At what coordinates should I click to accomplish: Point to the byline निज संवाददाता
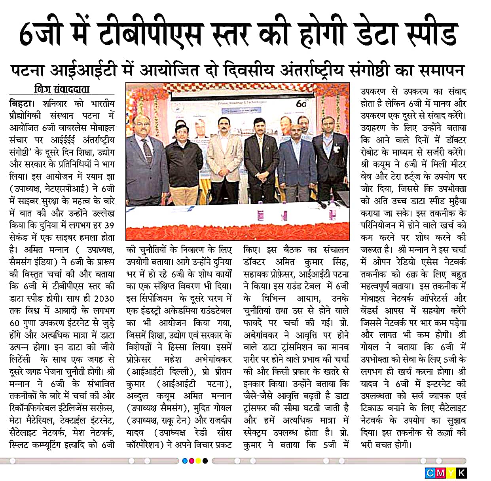(x=62, y=89)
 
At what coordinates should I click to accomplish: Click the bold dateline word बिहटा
(x=21, y=104)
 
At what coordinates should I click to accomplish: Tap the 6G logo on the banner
(x=301, y=104)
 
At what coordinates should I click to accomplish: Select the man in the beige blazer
(x=224, y=158)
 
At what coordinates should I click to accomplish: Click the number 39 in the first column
(x=109, y=226)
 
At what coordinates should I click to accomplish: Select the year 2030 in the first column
(x=104, y=298)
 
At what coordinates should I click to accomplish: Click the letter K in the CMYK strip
(x=461, y=473)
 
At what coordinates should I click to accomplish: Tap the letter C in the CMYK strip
(x=430, y=473)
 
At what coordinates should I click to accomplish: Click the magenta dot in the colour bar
(x=192, y=461)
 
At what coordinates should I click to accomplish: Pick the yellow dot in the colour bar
(x=198, y=461)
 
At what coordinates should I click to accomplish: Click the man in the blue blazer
(x=294, y=162)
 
